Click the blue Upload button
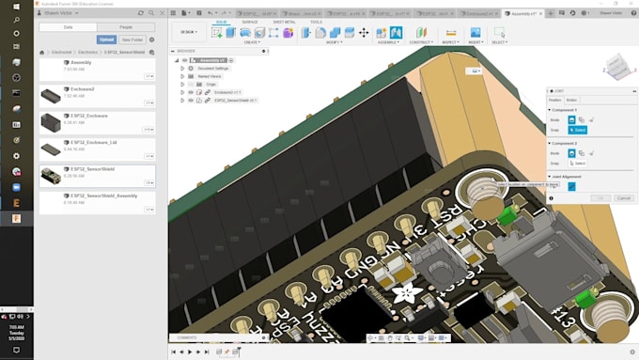(106, 39)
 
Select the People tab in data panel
(125, 27)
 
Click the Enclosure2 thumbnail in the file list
(51, 96)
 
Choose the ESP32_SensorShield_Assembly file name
(112, 196)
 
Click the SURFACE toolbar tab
(249, 22)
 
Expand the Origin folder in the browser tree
(182, 84)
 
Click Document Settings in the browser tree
(213, 68)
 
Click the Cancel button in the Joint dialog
(623, 198)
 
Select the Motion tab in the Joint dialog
(571, 100)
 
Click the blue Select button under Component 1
(578, 130)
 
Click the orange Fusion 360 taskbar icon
(16, 218)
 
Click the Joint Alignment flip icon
(571, 186)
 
